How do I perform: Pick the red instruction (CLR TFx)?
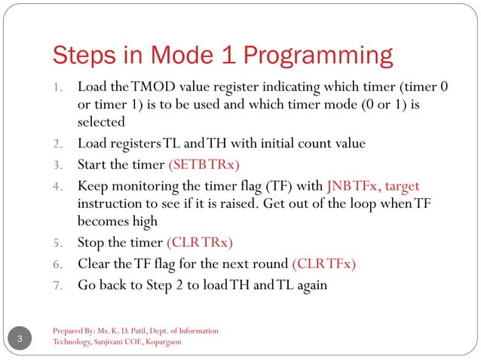point(323,264)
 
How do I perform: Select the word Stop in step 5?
point(91,243)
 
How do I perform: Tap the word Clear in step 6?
point(94,264)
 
